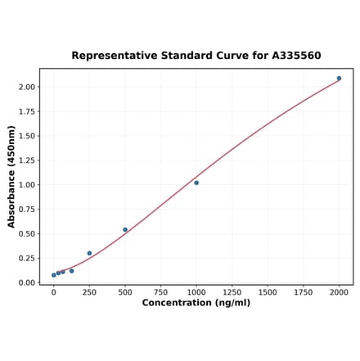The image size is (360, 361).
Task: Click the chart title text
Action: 196,56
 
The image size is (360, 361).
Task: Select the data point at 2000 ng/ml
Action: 339,79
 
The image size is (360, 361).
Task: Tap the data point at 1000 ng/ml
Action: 196,183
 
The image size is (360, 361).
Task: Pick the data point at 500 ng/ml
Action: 125,230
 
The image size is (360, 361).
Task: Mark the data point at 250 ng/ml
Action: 89,253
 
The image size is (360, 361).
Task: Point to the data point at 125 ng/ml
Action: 71,271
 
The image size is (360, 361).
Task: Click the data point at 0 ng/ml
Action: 54,275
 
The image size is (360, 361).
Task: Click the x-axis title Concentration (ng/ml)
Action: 196,303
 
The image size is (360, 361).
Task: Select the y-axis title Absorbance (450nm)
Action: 11,177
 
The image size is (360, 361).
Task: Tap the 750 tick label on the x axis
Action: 160,291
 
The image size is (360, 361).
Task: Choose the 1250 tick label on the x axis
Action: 232,291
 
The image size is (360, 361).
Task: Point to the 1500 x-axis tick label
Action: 268,291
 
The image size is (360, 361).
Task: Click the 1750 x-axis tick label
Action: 303,291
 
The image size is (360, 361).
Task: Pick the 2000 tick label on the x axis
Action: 339,291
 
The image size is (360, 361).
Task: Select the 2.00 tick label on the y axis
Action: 26,87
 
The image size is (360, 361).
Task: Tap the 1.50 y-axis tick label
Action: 26,136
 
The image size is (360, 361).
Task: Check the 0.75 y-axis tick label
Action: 26,209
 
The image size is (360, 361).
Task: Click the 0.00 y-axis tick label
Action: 26,282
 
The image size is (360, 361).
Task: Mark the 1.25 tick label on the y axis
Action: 26,160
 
